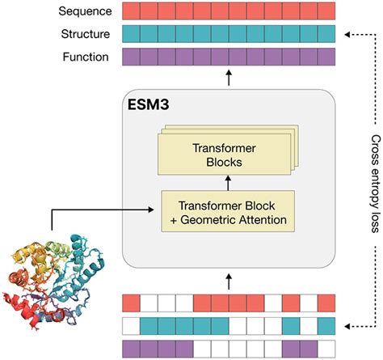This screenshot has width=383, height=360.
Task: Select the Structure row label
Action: point(84,34)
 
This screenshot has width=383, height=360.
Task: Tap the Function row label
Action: point(85,57)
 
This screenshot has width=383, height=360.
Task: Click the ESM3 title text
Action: point(150,104)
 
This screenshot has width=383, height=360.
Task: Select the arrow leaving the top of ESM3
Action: point(228,78)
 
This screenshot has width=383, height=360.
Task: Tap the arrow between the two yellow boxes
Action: point(228,184)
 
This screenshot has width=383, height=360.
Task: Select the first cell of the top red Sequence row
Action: point(131,11)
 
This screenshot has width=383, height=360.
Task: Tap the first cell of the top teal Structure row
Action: point(131,34)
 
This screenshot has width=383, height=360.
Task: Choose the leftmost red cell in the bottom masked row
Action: point(131,303)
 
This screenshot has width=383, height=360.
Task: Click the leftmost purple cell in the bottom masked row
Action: point(131,349)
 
